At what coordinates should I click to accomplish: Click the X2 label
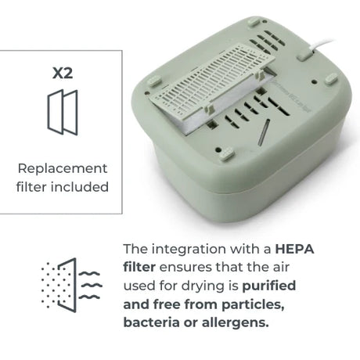[x=63, y=73]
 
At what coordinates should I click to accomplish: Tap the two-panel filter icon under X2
[x=63, y=112]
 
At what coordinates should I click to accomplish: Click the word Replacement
[x=63, y=169]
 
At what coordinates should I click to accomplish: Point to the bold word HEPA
[x=294, y=249]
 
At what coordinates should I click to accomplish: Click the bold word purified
[x=269, y=286]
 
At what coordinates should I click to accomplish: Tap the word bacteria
[x=151, y=322]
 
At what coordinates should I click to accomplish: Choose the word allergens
[x=235, y=323]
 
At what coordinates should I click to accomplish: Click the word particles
[x=253, y=305]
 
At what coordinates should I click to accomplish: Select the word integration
[x=189, y=250]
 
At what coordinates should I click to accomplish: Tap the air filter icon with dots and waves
[x=71, y=285]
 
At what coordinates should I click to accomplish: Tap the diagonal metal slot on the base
[x=264, y=132]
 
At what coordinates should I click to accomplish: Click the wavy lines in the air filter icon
[x=90, y=285]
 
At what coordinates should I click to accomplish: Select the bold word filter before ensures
[x=139, y=268]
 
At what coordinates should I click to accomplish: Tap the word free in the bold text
[x=167, y=304]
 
